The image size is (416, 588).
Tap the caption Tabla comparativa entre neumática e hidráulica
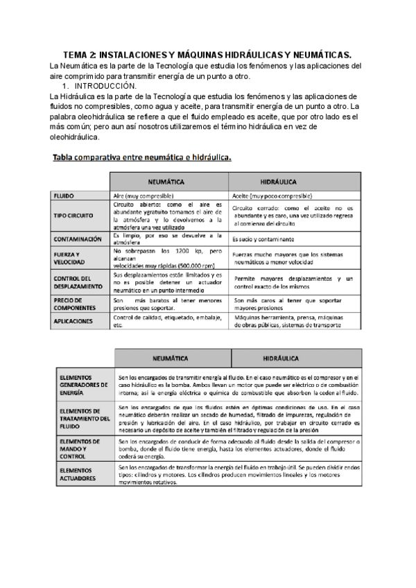(x=142, y=157)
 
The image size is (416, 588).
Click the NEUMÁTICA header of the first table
(x=167, y=182)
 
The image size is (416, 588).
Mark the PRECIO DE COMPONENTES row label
(x=73, y=304)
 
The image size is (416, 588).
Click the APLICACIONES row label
(x=73, y=321)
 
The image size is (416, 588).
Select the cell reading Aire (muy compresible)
(x=144, y=196)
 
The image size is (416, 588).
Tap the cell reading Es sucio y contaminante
(x=266, y=239)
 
